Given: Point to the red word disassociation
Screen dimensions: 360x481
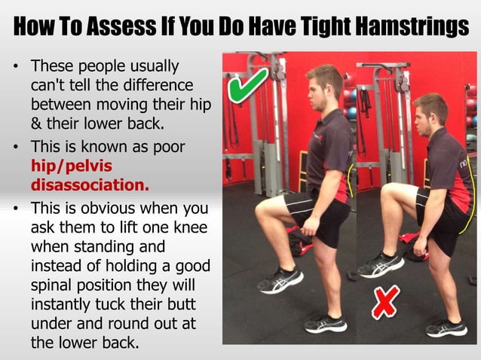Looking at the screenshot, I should pyautogui.click(x=90, y=184).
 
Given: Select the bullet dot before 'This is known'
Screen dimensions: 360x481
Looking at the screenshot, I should pyautogui.click(x=16, y=145).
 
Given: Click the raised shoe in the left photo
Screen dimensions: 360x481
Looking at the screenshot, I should pyautogui.click(x=280, y=279).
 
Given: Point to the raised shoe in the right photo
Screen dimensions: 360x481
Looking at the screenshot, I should pyautogui.click(x=381, y=264).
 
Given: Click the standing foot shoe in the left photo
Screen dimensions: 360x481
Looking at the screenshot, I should pyautogui.click(x=326, y=324).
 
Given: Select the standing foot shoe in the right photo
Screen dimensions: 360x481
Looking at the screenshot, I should pyautogui.click(x=446, y=328).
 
